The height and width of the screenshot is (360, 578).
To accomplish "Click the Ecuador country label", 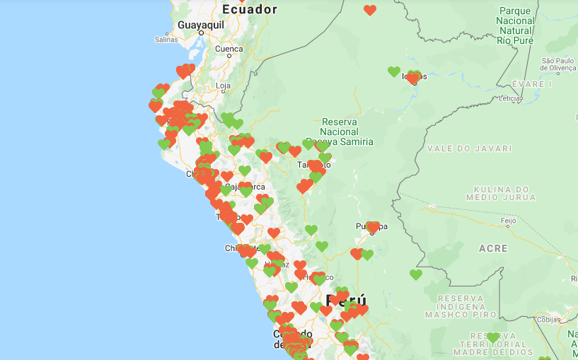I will pyautogui.click(x=249, y=9).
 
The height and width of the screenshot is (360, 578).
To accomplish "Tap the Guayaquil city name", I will pyautogui.click(x=200, y=24).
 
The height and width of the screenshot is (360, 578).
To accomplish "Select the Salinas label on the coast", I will pyautogui.click(x=166, y=40).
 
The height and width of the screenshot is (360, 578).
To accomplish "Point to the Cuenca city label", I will pyautogui.click(x=229, y=50).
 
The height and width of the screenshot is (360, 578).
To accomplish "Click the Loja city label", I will pyautogui.click(x=223, y=86).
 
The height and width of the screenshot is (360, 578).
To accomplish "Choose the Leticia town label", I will pyautogui.click(x=509, y=98).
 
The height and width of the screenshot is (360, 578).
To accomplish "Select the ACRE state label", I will pyautogui.click(x=493, y=248).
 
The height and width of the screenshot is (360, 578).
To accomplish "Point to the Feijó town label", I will pyautogui.click(x=509, y=221).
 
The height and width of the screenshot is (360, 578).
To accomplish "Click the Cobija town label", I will pyautogui.click(x=547, y=319).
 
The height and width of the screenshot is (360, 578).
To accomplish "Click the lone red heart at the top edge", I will pyautogui.click(x=369, y=10).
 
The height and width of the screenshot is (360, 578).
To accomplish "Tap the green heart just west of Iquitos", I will pyautogui.click(x=394, y=71).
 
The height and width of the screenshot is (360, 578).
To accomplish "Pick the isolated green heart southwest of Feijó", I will pyautogui.click(x=416, y=274).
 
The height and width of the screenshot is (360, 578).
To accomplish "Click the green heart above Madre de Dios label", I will pyautogui.click(x=492, y=337).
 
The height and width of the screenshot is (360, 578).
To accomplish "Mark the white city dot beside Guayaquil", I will pyautogui.click(x=201, y=33).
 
